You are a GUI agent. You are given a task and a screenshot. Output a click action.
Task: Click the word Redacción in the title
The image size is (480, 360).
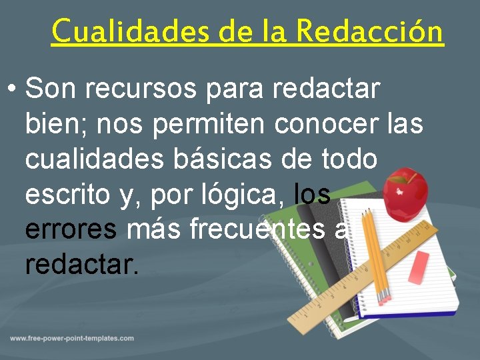[x=370, y=31]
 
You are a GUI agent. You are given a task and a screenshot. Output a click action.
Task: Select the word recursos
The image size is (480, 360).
[x=151, y=88]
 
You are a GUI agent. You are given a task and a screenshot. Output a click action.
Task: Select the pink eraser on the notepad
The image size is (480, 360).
[x=418, y=267]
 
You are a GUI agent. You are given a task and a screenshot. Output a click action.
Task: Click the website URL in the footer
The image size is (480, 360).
[x=72, y=339]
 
